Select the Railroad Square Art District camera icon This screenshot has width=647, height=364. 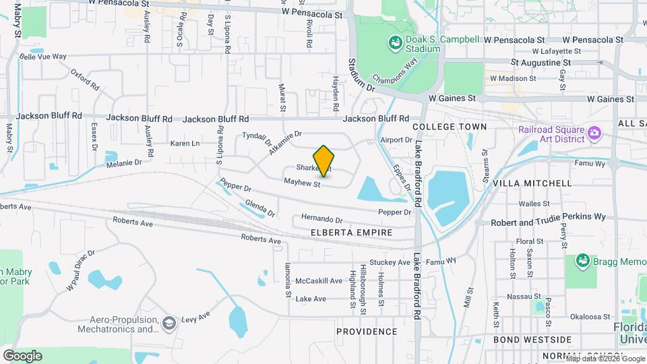tap(594, 133)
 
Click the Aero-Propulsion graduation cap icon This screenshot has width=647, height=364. tap(169, 324)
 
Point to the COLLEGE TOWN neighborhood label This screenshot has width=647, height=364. tap(449, 127)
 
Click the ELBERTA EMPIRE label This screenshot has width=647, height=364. tap(352, 233)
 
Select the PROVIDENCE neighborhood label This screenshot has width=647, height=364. tap(367, 332)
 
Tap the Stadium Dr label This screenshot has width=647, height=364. tap(361, 75)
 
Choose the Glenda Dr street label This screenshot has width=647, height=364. tap(260, 208)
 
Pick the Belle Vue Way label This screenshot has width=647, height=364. tap(43, 57)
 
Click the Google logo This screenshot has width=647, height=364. tap(22, 355)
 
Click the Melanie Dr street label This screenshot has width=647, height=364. tap(123, 162)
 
